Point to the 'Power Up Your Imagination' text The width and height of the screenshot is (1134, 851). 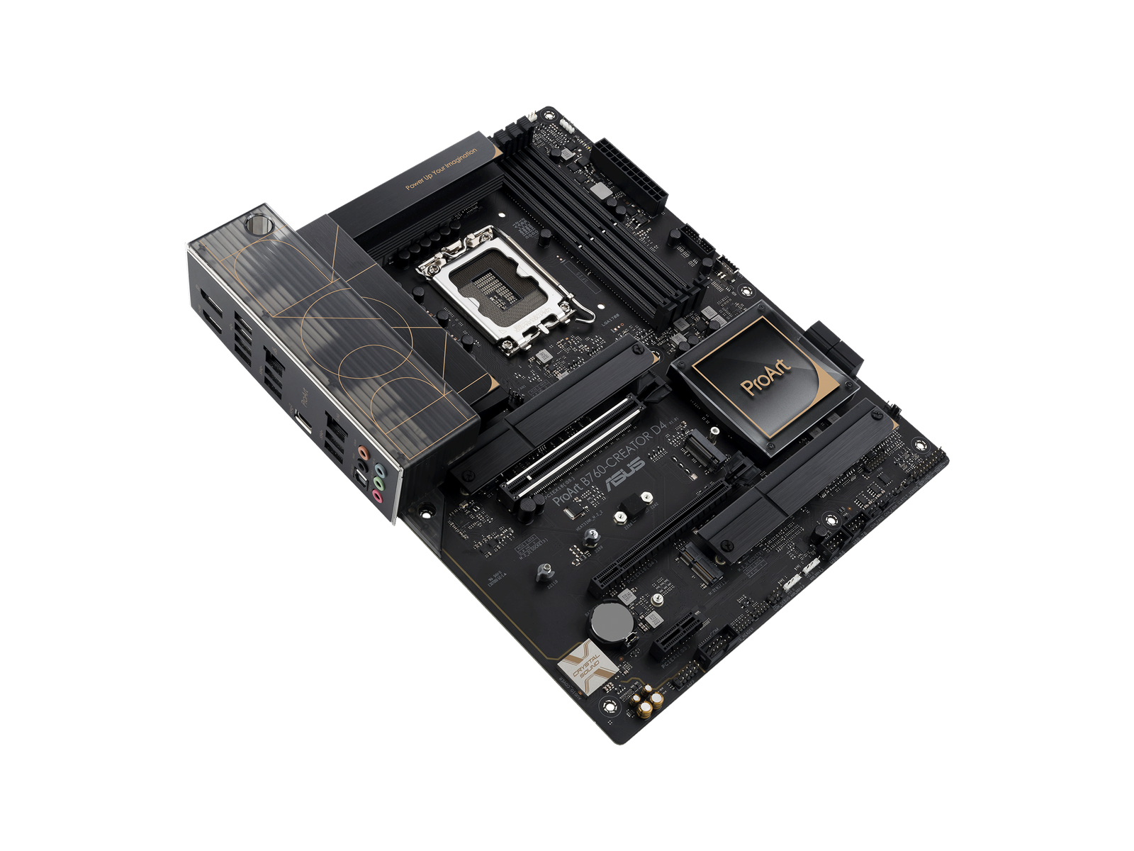pos(441,169)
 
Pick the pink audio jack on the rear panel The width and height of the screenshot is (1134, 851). pos(377,497)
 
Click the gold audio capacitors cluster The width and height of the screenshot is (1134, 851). pos(649,703)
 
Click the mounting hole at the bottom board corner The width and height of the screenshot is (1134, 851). pos(608,706)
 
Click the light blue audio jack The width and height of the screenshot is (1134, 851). pos(379,470)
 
